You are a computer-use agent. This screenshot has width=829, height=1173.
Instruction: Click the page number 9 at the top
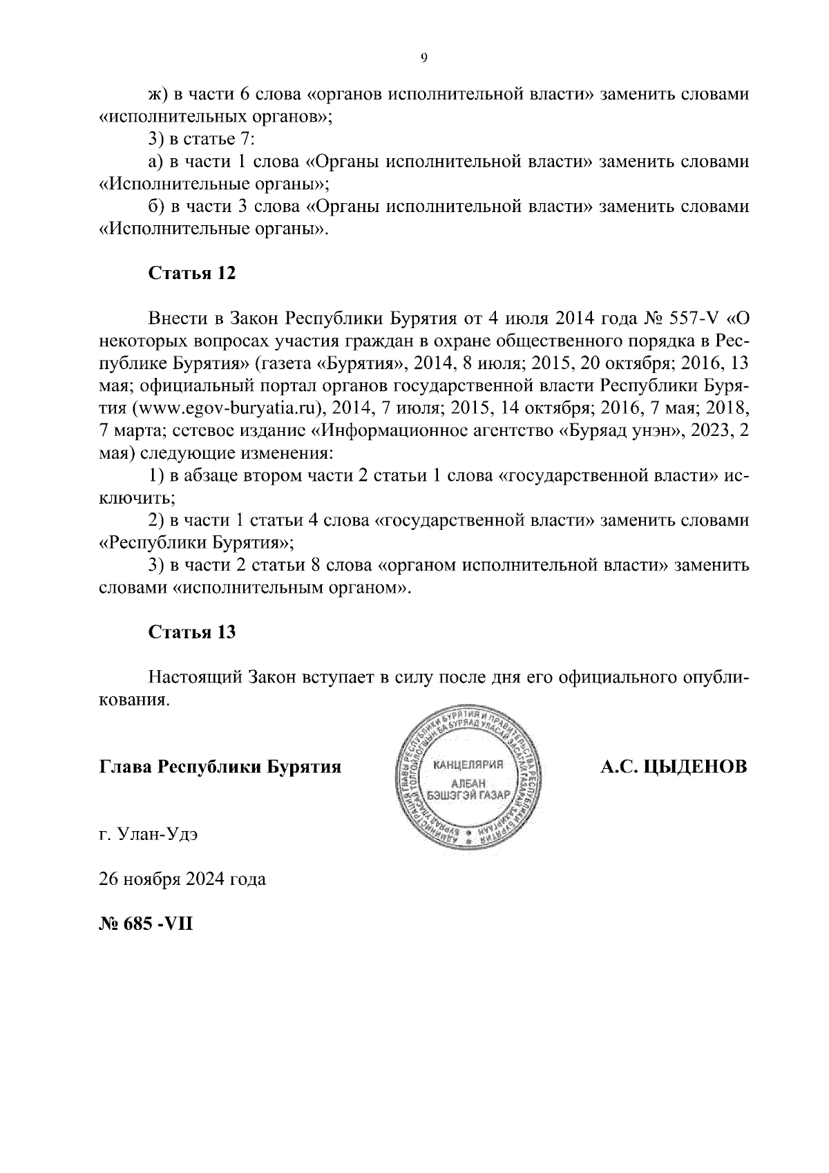[423, 59]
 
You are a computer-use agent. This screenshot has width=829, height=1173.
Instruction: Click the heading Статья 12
[192, 273]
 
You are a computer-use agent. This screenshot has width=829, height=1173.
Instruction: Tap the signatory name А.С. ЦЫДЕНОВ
[674, 767]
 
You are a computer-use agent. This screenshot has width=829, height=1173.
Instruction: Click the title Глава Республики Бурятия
[220, 767]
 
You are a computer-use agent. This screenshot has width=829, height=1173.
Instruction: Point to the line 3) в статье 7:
[202, 139]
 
